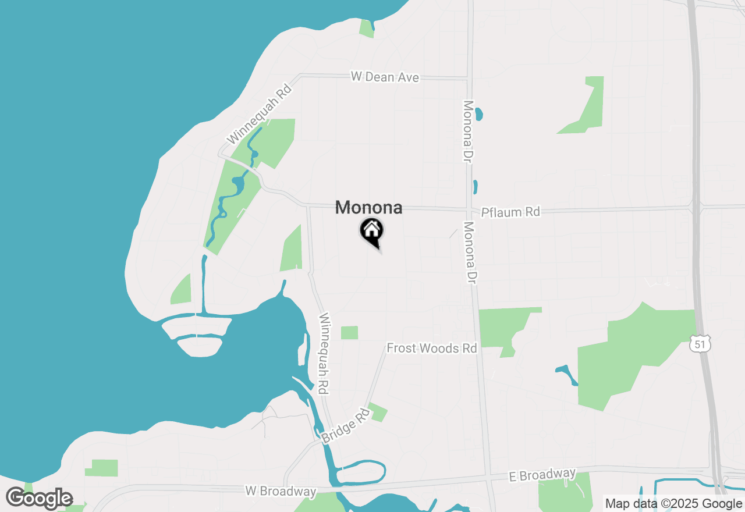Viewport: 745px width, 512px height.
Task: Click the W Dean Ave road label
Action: (384, 77)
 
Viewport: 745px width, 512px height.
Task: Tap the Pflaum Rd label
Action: (510, 212)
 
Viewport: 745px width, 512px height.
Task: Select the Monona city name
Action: (368, 208)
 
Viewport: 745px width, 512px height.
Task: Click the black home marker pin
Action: (371, 231)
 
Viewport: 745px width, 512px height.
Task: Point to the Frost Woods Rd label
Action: (432, 348)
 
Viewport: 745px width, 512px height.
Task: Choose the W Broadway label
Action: (280, 491)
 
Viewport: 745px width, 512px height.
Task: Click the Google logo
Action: (39, 499)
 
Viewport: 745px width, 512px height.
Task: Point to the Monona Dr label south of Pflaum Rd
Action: (470, 253)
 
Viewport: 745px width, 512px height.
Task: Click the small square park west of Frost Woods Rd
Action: (349, 333)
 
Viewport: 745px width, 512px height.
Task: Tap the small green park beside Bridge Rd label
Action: (378, 412)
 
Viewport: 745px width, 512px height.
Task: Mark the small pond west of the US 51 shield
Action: (566, 374)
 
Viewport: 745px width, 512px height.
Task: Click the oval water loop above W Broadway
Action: (361, 472)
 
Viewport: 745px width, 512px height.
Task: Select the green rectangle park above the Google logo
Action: (104, 468)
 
